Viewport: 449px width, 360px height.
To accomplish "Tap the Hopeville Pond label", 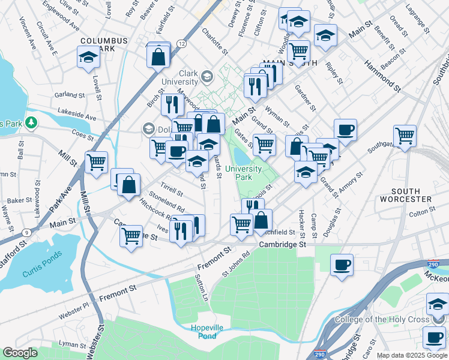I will pyautogui.click(x=207, y=331).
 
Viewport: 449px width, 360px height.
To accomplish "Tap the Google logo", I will pyautogui.click(x=20, y=353).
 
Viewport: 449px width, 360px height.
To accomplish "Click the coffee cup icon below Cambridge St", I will pyautogui.click(x=342, y=264).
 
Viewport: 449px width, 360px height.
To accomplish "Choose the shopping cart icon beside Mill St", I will pyautogui.click(x=96, y=161).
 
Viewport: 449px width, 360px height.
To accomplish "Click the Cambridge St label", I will pyautogui.click(x=282, y=245).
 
